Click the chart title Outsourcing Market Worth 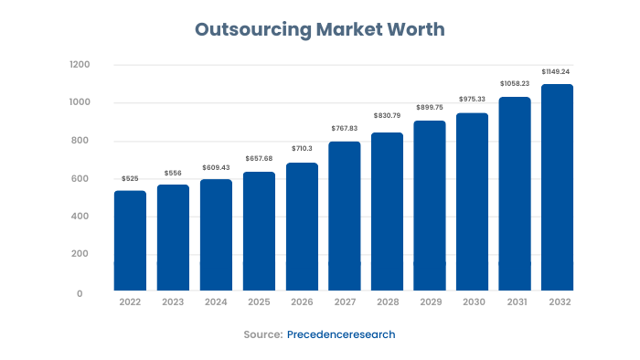coord(320,29)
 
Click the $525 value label coord(130,179)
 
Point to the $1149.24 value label coord(558,71)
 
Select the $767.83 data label coord(345,129)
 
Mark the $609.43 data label coord(216,167)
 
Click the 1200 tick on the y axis coord(80,65)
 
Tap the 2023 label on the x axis coord(173,302)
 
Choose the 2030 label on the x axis coord(473,302)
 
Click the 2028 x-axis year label coord(387,302)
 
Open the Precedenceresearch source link coord(341,334)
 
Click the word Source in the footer coord(262,334)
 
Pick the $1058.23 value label coord(516,84)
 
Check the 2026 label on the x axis coord(302,302)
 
